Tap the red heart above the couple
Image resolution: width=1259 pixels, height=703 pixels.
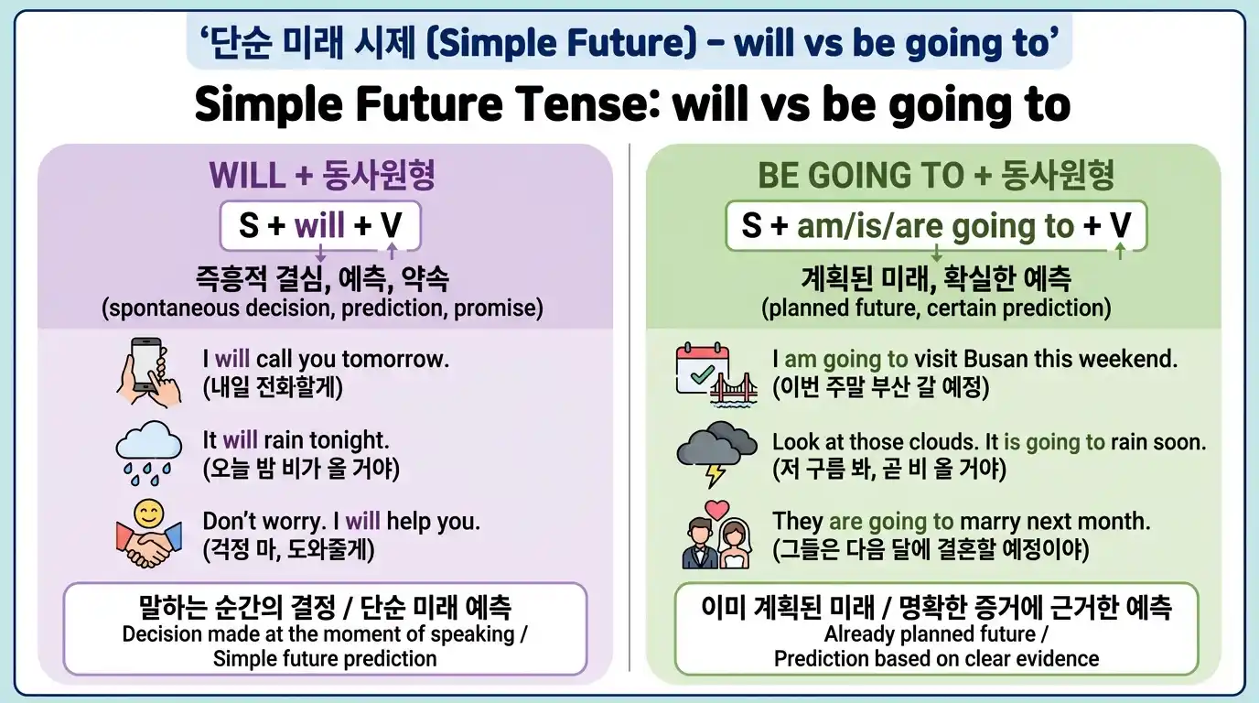point(716,508)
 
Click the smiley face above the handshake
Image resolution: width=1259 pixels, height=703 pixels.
point(148,514)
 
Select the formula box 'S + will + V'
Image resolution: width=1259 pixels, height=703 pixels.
point(319,225)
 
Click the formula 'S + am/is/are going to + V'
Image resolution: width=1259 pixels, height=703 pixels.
point(935,225)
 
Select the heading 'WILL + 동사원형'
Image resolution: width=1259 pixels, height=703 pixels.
point(322,174)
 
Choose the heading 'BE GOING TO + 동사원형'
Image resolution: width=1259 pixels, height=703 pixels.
point(935,174)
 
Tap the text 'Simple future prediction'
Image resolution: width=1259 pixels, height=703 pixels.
point(325,658)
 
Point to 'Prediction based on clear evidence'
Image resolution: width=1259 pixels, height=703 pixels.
point(936,658)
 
